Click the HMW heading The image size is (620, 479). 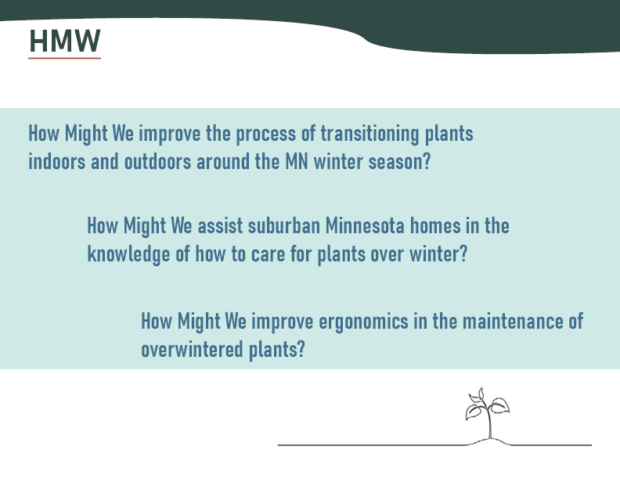65,41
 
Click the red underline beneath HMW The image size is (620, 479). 64,59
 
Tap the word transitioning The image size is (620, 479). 369,134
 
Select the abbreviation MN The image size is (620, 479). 296,161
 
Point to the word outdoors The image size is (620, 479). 158,161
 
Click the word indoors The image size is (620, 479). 56,161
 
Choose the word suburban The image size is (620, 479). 284,225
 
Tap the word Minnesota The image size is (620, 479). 365,225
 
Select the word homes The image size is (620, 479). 435,225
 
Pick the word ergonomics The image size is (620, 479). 363,322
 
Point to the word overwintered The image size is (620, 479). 192,349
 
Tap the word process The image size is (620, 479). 265,135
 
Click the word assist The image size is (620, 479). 220,225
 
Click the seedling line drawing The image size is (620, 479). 488,414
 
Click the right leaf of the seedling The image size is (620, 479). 499,405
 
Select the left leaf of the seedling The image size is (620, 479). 474,412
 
